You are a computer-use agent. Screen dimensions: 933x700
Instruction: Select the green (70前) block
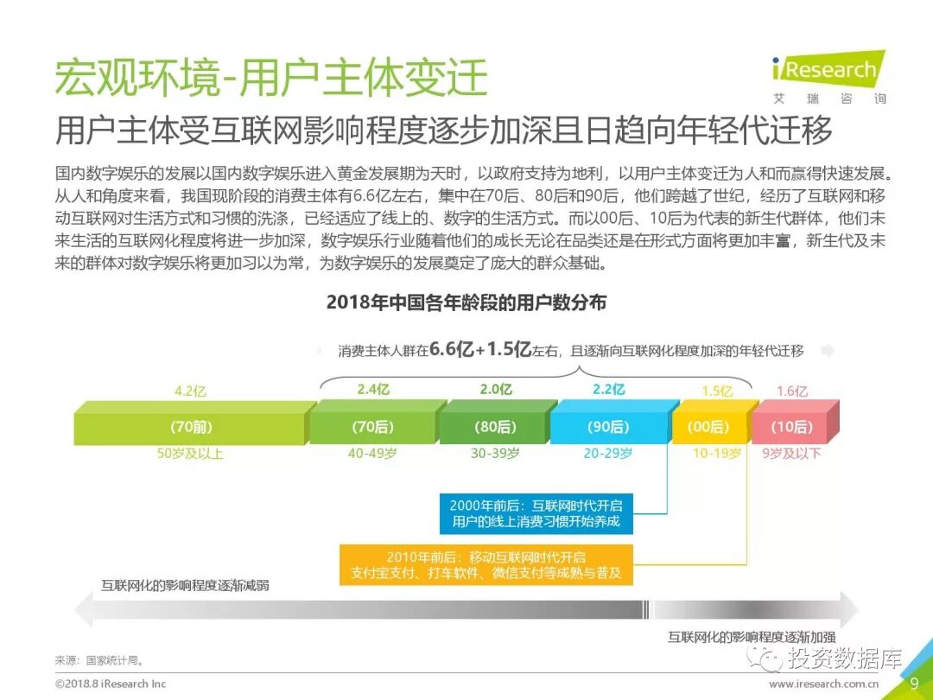click(192, 427)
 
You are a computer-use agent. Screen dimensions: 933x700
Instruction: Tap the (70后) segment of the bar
click(373, 427)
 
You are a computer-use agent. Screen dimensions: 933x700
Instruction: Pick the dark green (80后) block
click(495, 427)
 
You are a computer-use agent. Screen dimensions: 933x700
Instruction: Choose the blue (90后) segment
click(608, 427)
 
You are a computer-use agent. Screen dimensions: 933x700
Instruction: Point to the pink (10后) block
click(792, 427)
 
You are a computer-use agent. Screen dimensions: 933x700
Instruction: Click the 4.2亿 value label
click(191, 391)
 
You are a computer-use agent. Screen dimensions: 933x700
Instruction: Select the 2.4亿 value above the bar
click(373, 390)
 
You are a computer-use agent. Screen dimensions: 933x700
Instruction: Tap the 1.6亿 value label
click(791, 391)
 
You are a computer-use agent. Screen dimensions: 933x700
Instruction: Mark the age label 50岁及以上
click(189, 454)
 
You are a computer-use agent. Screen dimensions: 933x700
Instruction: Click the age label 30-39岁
click(495, 454)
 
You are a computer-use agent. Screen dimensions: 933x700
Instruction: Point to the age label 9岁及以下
click(791, 454)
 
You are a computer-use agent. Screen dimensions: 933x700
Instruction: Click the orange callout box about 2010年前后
click(486, 564)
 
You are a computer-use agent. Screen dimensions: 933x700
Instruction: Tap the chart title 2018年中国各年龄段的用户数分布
click(466, 302)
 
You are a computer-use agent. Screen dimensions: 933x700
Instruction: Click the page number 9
click(914, 684)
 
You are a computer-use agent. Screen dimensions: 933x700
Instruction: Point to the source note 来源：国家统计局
click(99, 661)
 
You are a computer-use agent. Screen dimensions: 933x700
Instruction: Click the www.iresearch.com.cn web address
click(824, 684)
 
